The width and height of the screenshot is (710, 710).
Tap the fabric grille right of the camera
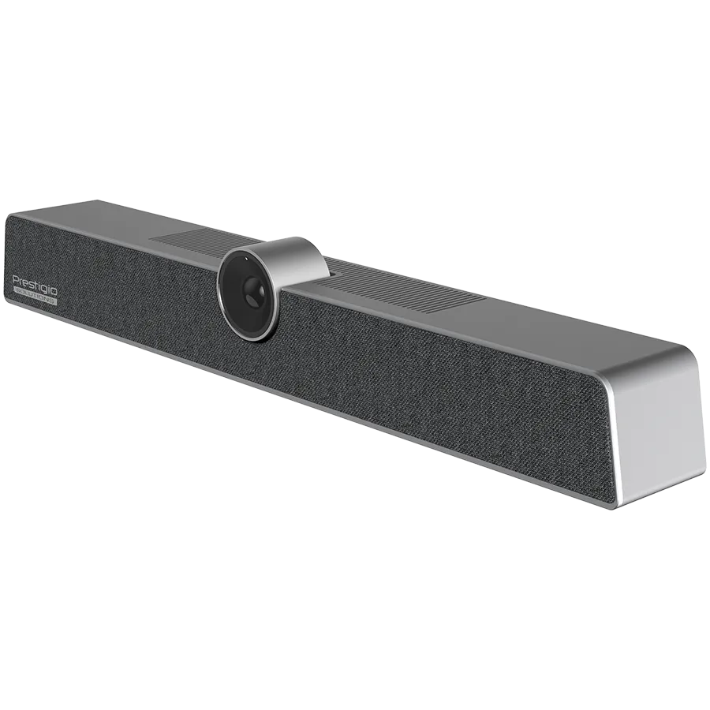[442, 387]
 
